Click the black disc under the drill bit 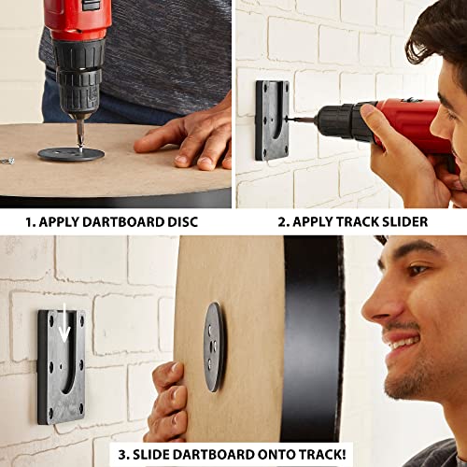[x=71, y=152]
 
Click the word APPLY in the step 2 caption [x=314, y=223]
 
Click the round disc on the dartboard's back [x=214, y=347]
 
